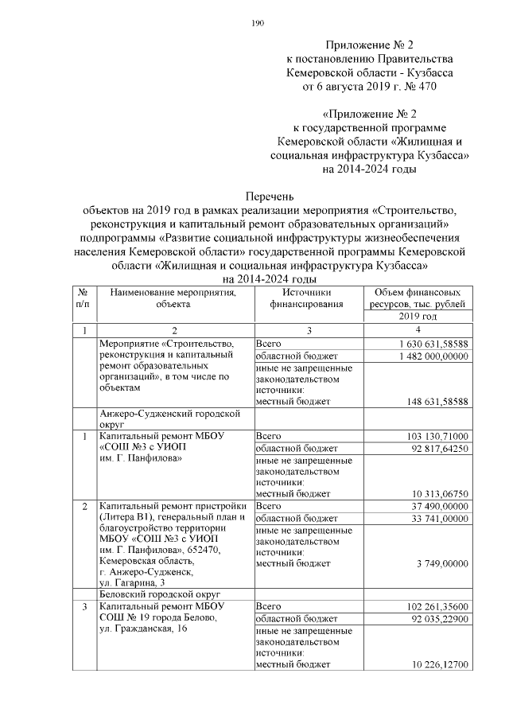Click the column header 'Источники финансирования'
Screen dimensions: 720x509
click(x=306, y=298)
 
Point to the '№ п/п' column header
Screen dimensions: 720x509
click(x=83, y=298)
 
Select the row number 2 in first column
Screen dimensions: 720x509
click(x=84, y=506)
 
